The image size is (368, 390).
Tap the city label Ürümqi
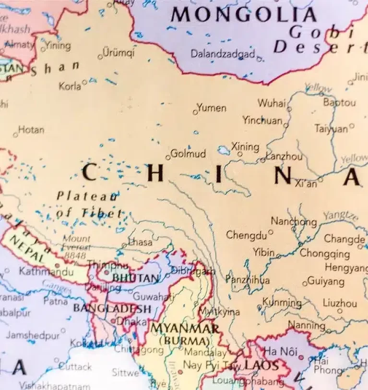(x=119, y=53)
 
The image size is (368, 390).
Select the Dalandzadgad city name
(x=223, y=54)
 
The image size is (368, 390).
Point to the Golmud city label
(x=188, y=154)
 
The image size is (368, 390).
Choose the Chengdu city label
(x=246, y=235)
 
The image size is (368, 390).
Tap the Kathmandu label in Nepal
(x=41, y=272)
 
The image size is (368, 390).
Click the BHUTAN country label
(x=135, y=278)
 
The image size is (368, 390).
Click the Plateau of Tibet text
(x=89, y=204)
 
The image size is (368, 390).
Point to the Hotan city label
(x=31, y=130)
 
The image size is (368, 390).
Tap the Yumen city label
(x=212, y=108)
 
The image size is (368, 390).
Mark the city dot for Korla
(x=85, y=82)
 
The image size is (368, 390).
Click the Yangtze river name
(x=340, y=216)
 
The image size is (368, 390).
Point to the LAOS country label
(x=261, y=366)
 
